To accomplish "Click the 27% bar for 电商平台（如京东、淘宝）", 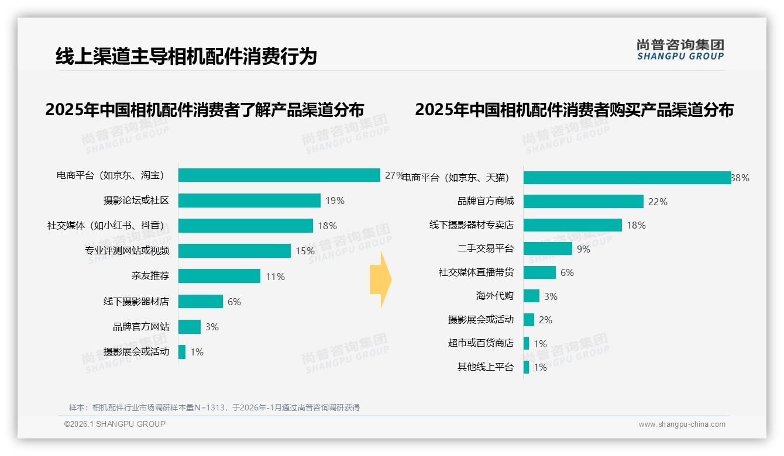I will click(x=279, y=175).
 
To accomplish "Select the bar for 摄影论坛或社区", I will click(x=249, y=201).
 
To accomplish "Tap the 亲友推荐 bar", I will click(x=219, y=276).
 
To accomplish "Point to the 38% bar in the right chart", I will click(x=627, y=178).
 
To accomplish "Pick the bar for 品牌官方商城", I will click(x=583, y=202).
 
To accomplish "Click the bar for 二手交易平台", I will click(x=548, y=248).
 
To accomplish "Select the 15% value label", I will click(x=305, y=251).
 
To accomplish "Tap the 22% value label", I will click(x=658, y=202).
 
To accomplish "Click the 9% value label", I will click(x=583, y=249).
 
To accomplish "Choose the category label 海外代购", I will click(x=495, y=296).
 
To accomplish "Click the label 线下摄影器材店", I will click(x=136, y=302).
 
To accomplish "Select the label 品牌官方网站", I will click(x=141, y=327).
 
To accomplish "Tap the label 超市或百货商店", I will click(x=481, y=343).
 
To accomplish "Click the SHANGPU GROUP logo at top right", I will click(x=680, y=50).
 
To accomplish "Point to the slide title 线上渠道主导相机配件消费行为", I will click(x=186, y=57).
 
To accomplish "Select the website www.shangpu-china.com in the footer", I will click(x=682, y=424).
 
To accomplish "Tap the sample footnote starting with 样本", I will click(x=214, y=407).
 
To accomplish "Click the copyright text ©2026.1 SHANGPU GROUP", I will click(x=115, y=424).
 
